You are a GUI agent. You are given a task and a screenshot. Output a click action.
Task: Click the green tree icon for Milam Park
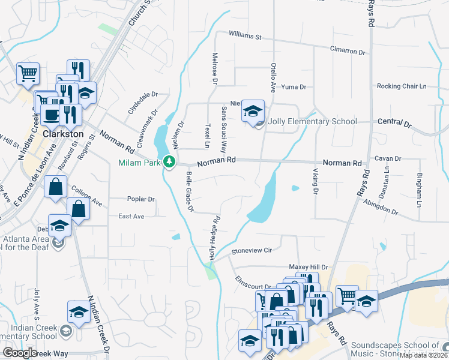point(170,161)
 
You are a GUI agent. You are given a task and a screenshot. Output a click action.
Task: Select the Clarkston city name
point(62,134)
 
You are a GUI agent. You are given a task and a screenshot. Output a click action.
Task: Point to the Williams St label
point(244,37)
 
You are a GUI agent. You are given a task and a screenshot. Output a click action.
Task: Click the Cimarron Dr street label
point(347,52)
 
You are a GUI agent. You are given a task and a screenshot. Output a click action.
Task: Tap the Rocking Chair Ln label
point(401,86)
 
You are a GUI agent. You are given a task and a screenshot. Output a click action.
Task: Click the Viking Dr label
point(315,182)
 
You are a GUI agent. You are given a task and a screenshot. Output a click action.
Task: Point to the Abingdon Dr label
point(381,208)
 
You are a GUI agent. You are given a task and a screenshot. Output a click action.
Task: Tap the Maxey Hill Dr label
point(309,267)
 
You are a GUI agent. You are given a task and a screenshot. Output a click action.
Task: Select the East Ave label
point(131,216)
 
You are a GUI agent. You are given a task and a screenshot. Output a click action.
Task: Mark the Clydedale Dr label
point(142,102)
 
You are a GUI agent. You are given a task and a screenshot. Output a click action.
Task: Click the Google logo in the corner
point(19,353)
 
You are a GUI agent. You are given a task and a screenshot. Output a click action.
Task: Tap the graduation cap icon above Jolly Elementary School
point(253,111)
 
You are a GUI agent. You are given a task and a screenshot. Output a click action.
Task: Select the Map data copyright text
point(423,355)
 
